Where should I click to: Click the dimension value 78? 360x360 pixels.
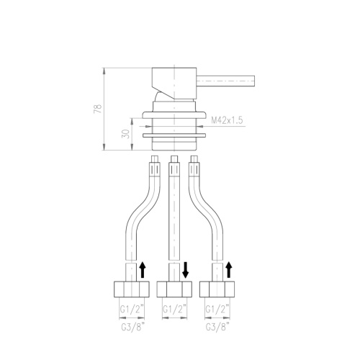pyautogui.click(x=98, y=109)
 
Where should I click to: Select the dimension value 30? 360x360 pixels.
pyautogui.click(x=126, y=133)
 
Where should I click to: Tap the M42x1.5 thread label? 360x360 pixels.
pyautogui.click(x=227, y=120)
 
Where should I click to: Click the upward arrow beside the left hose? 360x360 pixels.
pyautogui.click(x=143, y=270)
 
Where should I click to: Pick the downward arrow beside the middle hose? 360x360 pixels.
pyautogui.click(x=186, y=270)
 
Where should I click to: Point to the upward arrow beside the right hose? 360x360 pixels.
pyautogui.click(x=229, y=270)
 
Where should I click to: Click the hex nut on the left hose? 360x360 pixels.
pyautogui.click(x=132, y=289)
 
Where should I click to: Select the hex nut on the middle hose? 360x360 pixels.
pyautogui.click(x=174, y=289)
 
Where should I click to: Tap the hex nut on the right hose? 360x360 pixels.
pyautogui.click(x=217, y=289)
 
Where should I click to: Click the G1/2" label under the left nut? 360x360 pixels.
pyautogui.click(x=132, y=310)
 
